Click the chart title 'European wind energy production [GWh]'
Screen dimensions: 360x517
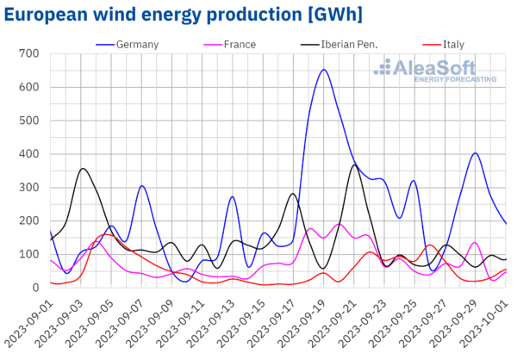coord(181,15)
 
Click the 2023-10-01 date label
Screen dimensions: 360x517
coord(493,325)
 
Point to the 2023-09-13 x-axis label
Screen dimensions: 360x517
coord(219,325)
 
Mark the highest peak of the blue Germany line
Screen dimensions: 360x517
coord(324,70)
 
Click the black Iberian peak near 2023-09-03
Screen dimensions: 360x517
coord(83,169)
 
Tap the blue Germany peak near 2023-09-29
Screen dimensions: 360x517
coord(476,153)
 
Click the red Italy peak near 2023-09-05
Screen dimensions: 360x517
coord(106,234)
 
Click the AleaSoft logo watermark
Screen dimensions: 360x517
coord(439,70)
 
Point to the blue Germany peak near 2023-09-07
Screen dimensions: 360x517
coord(142,186)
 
